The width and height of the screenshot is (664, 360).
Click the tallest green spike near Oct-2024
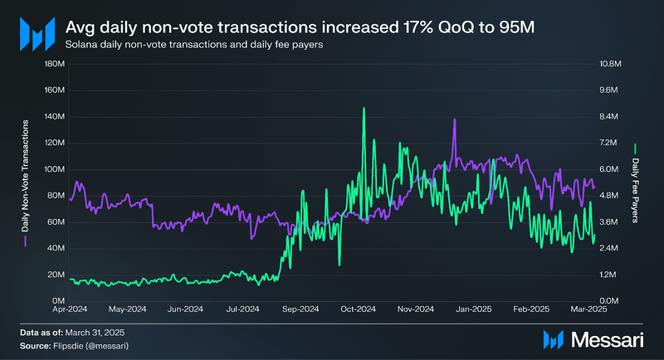point(364,109)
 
